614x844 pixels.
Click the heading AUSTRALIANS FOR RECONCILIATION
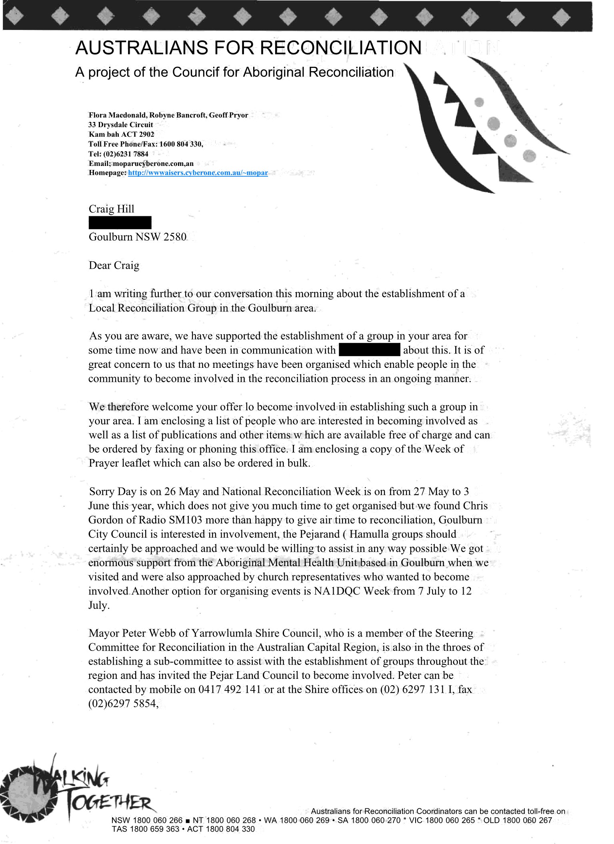tap(248, 48)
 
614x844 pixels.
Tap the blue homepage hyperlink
tap(198, 173)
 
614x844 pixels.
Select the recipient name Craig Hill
tap(111, 209)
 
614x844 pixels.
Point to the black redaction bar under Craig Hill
tap(120, 223)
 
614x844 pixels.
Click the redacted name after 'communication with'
tap(369, 350)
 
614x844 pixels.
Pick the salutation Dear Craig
tap(114, 265)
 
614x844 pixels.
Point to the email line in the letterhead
tap(141, 163)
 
